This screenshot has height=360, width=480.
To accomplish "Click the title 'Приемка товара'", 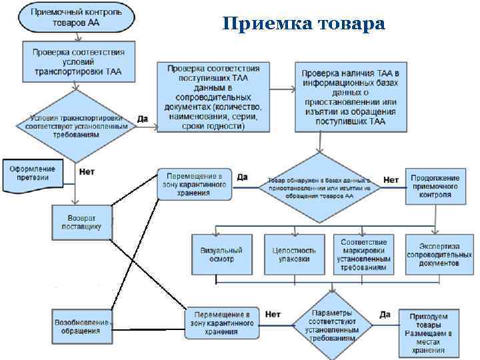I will (x=304, y=24).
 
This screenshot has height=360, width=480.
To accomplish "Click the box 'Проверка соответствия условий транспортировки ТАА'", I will (x=79, y=61).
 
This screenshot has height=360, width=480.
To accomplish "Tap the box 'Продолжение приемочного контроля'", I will (x=434, y=187).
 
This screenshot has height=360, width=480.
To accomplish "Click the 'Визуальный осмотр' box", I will (x=221, y=254).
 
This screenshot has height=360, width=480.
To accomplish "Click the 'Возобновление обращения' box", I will (x=81, y=326).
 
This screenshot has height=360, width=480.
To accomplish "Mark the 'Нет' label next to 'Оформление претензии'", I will (x=87, y=171).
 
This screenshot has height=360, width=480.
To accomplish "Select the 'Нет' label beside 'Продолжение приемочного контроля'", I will (x=391, y=179).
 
